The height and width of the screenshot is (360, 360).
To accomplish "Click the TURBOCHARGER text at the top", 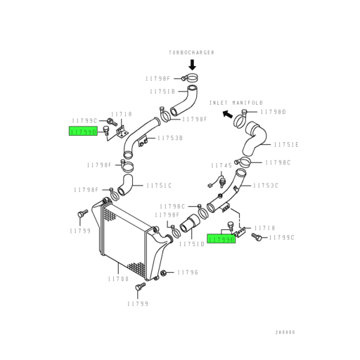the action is [191, 53].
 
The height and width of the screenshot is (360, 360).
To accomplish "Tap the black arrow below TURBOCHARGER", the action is [193, 65].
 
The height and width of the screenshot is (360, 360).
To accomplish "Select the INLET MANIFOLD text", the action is [236, 103].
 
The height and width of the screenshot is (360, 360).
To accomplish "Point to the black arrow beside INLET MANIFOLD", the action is [227, 114].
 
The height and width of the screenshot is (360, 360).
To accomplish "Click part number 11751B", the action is [162, 91].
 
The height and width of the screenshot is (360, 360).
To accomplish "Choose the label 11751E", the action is [286, 145].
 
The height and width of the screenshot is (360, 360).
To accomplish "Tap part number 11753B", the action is [170, 138].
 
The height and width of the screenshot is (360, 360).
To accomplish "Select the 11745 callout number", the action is [221, 166].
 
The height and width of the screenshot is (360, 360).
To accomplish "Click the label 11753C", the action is [266, 186].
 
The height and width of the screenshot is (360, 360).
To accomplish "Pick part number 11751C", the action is [159, 186].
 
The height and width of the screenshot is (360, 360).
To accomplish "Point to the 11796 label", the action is [188, 272].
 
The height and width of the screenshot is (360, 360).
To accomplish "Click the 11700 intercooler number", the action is [118, 279].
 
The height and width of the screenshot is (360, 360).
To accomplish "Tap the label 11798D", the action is [274, 112].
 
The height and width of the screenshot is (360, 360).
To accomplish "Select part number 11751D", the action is [192, 244].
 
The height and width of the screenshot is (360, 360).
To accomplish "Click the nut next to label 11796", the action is [164, 273].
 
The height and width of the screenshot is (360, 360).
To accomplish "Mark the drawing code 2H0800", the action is [285, 332].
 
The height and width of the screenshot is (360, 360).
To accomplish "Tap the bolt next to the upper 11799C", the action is [112, 122].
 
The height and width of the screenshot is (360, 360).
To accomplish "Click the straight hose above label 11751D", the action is [189, 224].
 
